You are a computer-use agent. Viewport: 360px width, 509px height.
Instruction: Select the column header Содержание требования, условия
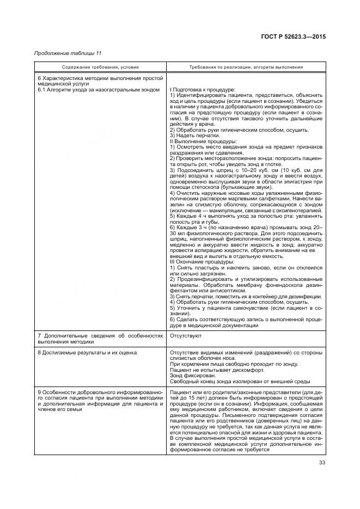pos(100,67)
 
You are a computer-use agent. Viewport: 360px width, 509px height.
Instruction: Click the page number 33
pos(322,464)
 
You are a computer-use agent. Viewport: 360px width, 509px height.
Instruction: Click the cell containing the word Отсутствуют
pos(186,336)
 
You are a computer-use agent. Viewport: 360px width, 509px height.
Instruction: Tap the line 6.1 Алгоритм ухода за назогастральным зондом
pos(98,89)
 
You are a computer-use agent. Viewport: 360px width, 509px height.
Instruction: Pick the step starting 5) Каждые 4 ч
pos(245,216)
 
